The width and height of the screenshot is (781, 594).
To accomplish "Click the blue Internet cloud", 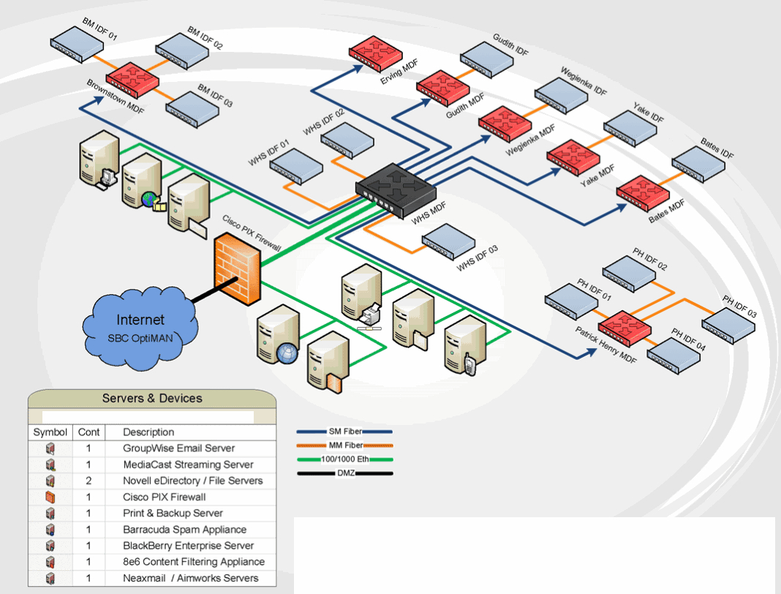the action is [140, 329].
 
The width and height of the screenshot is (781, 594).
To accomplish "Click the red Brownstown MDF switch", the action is [132, 79].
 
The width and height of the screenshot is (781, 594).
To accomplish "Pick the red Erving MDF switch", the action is [376, 53].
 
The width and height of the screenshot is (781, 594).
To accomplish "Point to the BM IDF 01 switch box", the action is [77, 45].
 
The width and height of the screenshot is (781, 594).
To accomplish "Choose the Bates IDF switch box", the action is [698, 164].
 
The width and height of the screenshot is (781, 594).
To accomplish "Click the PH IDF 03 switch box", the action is [728, 326].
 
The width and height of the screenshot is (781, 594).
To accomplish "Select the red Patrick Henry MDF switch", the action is [625, 328].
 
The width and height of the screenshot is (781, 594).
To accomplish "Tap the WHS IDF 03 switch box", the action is [448, 241].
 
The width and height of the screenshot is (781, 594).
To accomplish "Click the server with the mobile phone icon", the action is [464, 345].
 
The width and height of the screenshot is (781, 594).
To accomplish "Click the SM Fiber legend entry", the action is [344, 432].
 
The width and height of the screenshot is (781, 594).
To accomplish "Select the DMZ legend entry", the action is [344, 473].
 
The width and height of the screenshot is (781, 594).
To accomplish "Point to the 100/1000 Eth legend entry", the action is [344, 459].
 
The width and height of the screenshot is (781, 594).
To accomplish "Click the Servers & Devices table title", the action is [152, 398].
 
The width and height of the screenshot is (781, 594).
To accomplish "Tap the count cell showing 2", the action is [88, 481].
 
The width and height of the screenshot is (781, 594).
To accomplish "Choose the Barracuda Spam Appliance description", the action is [185, 529].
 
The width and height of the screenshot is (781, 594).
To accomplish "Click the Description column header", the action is [148, 432].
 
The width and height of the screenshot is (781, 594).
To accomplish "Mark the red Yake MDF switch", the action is [573, 158].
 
